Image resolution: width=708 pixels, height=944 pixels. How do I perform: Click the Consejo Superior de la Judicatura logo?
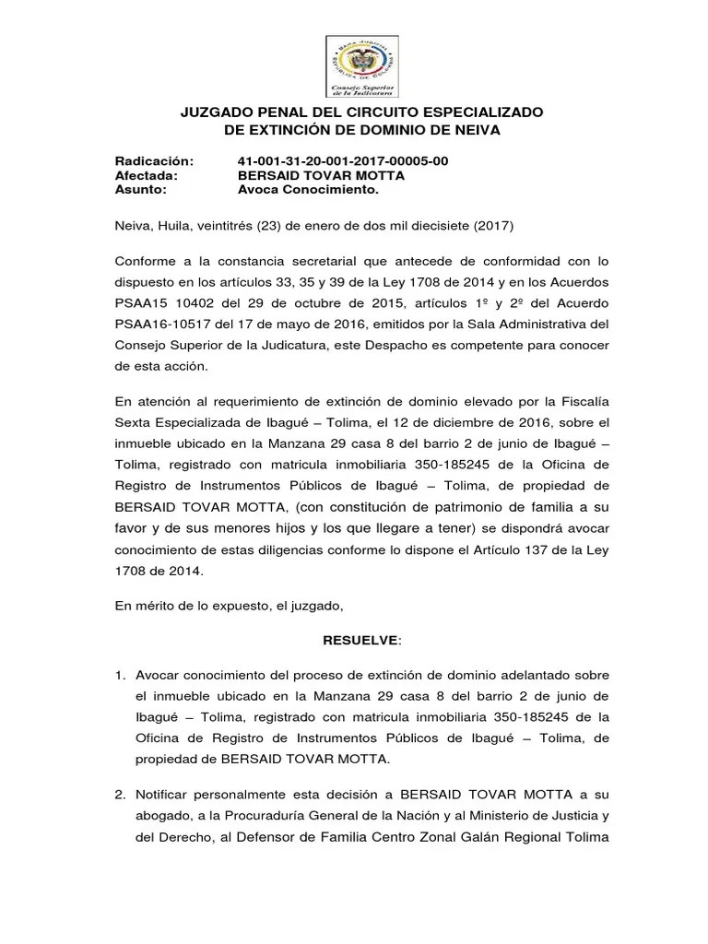[x=362, y=66]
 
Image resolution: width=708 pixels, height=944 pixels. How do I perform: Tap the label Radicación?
[x=154, y=161]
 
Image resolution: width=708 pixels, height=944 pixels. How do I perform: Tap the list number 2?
[x=120, y=794]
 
